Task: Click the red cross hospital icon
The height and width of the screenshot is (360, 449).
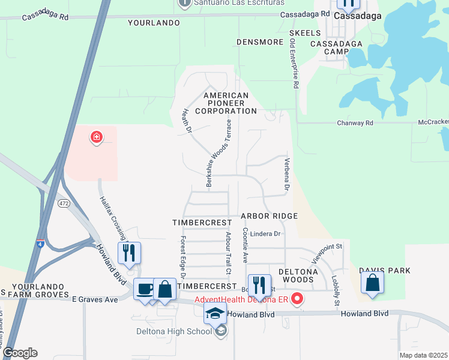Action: pos(96,138)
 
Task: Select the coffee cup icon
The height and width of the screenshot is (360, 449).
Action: pos(145,289)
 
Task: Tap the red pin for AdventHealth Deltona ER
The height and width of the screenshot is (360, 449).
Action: pos(297,298)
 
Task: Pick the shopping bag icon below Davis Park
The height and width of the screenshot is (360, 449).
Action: pos(373,283)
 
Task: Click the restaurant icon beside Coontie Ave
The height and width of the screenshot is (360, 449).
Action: pos(259,285)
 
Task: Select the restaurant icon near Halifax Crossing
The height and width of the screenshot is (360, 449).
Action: pos(129,253)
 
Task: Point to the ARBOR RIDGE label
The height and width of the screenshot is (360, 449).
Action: pos(270,215)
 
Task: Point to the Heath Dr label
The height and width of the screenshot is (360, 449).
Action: pos(187,119)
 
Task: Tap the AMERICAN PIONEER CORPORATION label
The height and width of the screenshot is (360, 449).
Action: pos(226,103)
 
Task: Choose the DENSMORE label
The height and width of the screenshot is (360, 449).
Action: pos(259,42)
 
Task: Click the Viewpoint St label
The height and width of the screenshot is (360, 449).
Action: pos(327,253)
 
